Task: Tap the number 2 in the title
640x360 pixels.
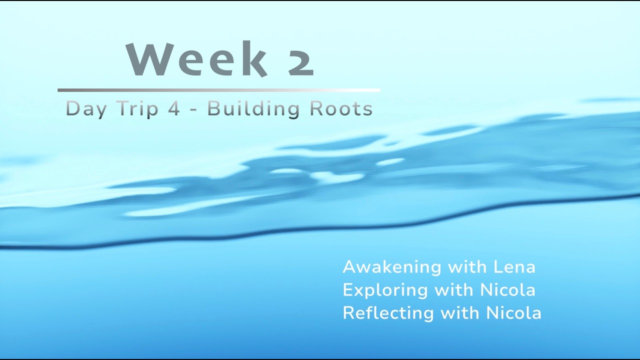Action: (x=301, y=60)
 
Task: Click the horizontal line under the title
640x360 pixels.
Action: (x=218, y=90)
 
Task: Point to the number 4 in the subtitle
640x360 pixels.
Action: (x=173, y=108)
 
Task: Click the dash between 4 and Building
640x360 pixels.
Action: (x=193, y=109)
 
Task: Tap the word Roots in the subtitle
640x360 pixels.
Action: (x=341, y=108)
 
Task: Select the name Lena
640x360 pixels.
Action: (x=514, y=267)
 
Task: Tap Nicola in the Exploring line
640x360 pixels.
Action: (x=507, y=290)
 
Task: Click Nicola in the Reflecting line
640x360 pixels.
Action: (x=514, y=313)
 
